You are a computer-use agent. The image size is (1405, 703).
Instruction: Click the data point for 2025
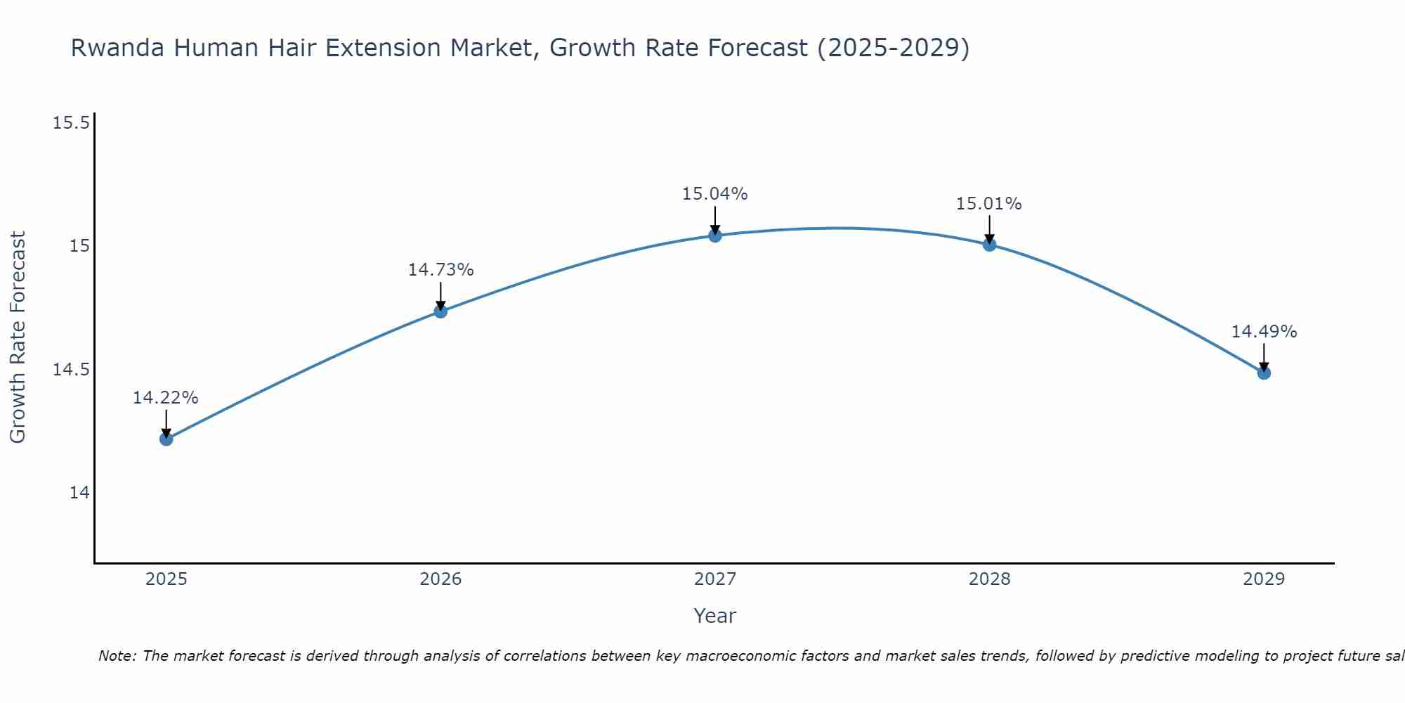click(166, 439)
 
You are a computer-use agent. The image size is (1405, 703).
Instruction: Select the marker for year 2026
click(440, 311)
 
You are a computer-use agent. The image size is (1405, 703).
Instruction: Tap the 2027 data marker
click(715, 236)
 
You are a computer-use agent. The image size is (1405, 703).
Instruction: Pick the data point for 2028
click(989, 245)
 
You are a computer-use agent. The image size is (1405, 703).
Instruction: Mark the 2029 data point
click(1264, 373)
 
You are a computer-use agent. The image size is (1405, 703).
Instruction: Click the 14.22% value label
click(166, 398)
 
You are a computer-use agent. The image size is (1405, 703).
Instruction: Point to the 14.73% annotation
click(440, 270)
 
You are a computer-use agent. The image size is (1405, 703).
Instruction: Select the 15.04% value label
click(714, 194)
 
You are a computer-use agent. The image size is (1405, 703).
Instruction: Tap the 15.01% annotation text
click(988, 204)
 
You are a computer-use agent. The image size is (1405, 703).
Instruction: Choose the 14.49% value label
click(1264, 332)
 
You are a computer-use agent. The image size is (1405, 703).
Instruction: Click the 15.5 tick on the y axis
click(72, 123)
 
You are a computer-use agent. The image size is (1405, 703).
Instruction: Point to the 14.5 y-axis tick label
click(72, 370)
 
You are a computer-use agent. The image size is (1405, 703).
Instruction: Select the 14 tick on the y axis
click(79, 493)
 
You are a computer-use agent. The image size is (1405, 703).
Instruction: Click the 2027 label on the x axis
click(715, 579)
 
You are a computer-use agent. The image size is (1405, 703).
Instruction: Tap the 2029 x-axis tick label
click(1264, 579)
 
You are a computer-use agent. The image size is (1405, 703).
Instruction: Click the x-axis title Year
click(714, 616)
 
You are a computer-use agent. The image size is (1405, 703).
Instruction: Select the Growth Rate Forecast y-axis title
click(18, 337)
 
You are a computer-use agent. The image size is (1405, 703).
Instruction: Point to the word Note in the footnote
click(117, 656)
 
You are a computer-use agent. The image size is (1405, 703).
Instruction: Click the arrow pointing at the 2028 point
click(989, 228)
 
